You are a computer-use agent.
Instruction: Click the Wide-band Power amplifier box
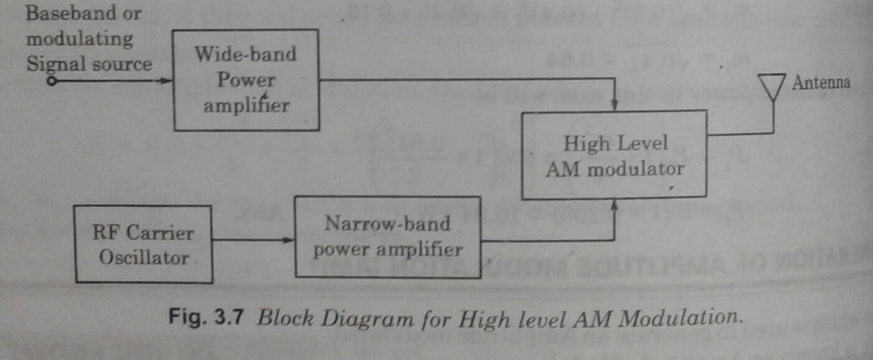[x=246, y=81]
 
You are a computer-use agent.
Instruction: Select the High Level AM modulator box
[x=614, y=155]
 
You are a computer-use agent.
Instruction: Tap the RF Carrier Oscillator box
[x=143, y=244]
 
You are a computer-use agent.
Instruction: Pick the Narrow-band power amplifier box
[x=387, y=237]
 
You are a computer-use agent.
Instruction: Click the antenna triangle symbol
[x=773, y=87]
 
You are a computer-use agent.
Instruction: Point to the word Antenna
[x=821, y=83]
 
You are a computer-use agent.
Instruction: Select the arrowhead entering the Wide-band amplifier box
[x=166, y=81]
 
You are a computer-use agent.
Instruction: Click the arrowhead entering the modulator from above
[x=615, y=105]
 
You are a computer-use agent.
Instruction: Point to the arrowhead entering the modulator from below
[x=615, y=205]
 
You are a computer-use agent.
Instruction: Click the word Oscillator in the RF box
[x=143, y=257]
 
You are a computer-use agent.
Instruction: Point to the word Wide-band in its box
[x=245, y=54]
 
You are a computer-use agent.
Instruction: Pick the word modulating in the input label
[x=79, y=39]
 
